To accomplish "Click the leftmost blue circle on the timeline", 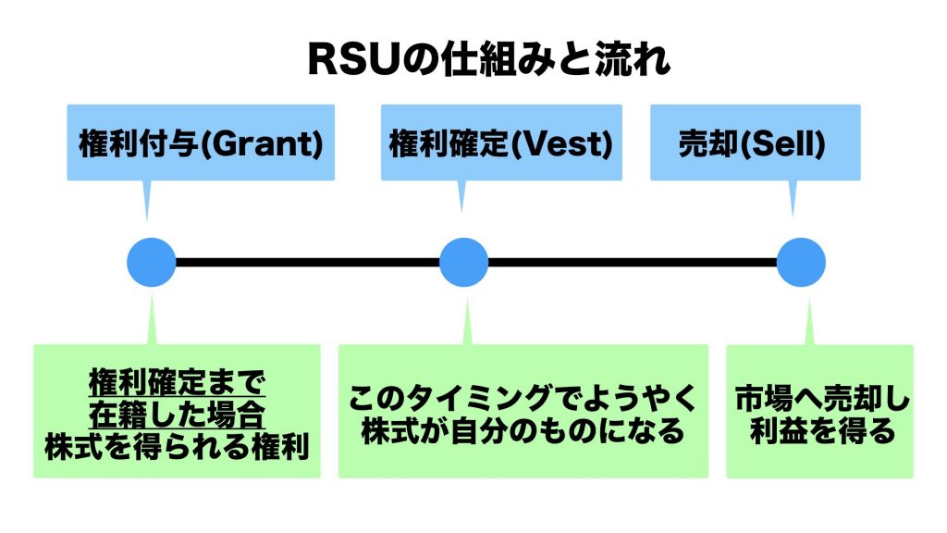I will point(151,262).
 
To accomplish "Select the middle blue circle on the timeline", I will point(463,262).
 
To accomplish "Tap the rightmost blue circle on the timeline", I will point(800,262).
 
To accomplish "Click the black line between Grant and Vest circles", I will point(307,262).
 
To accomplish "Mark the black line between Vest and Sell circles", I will point(632,262).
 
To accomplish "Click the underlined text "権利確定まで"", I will point(177,380).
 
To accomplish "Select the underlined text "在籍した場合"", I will point(177,412).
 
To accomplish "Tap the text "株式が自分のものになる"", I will point(523,431).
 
